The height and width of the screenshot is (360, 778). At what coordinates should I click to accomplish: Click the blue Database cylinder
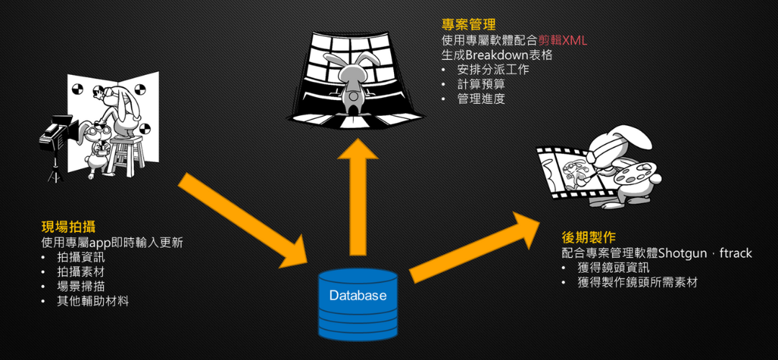click(358, 303)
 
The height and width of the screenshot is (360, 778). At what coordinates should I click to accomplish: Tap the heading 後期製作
click(588, 237)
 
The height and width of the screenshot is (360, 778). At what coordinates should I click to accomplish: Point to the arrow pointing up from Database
click(358, 194)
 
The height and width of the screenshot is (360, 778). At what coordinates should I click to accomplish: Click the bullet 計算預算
click(481, 85)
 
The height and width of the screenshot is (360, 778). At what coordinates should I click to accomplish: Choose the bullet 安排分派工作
click(493, 70)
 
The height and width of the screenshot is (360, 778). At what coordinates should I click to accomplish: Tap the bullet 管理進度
click(481, 99)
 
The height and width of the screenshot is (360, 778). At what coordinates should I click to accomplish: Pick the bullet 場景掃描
click(81, 287)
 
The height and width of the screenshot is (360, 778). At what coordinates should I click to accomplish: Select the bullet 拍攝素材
click(81, 271)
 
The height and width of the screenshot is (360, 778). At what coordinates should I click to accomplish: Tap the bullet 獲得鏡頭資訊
click(613, 268)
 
